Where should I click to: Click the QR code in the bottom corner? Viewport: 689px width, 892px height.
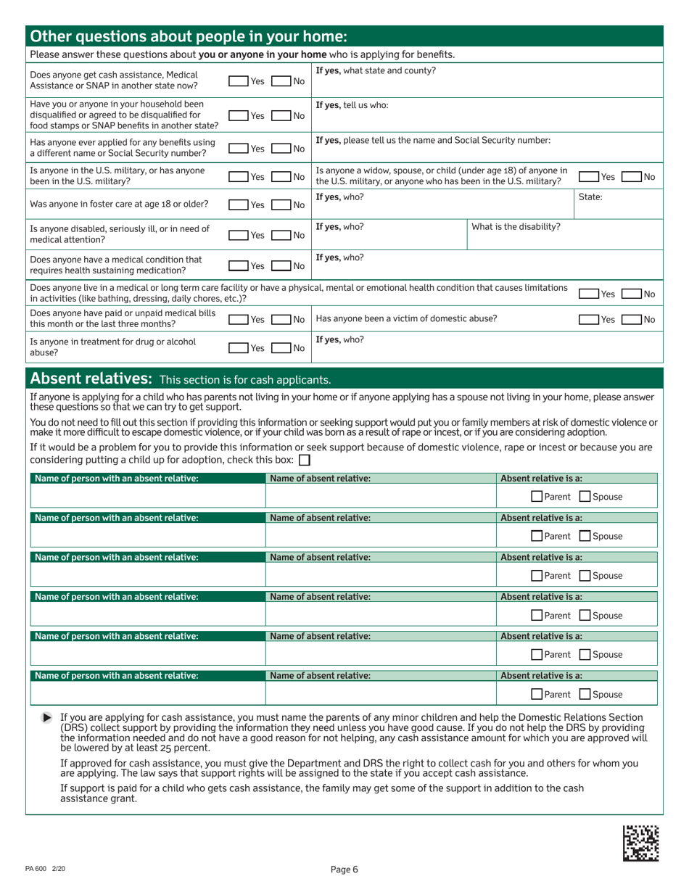[x=641, y=843]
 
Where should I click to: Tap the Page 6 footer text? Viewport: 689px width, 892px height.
[x=344, y=870]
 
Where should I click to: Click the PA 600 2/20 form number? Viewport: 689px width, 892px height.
[x=45, y=869]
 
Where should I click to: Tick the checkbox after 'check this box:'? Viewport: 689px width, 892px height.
[x=305, y=460]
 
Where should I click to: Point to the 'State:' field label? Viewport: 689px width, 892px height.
[x=593, y=197]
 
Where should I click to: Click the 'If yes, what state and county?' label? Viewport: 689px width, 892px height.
[x=376, y=70]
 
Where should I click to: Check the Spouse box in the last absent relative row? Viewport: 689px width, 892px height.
[x=585, y=694]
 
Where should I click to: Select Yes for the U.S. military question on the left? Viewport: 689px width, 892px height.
[x=239, y=177]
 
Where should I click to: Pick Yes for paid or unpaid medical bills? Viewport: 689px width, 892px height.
[x=239, y=320]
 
